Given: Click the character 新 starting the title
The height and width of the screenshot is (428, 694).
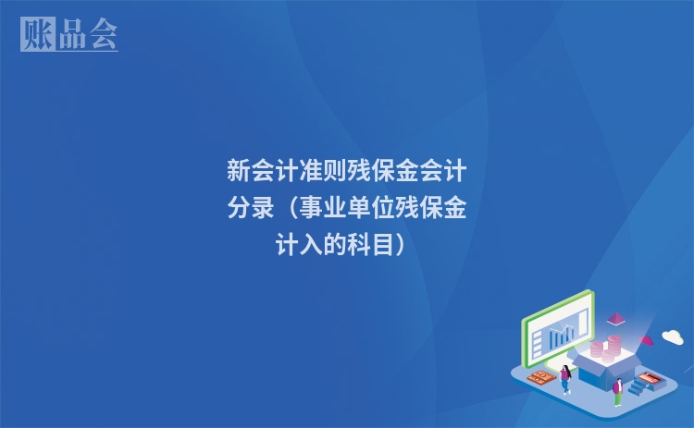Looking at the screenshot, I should pos(239,172).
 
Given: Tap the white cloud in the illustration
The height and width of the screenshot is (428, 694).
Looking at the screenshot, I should pos(672,336).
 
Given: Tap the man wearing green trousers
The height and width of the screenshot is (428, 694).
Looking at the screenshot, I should pos(617,391).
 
